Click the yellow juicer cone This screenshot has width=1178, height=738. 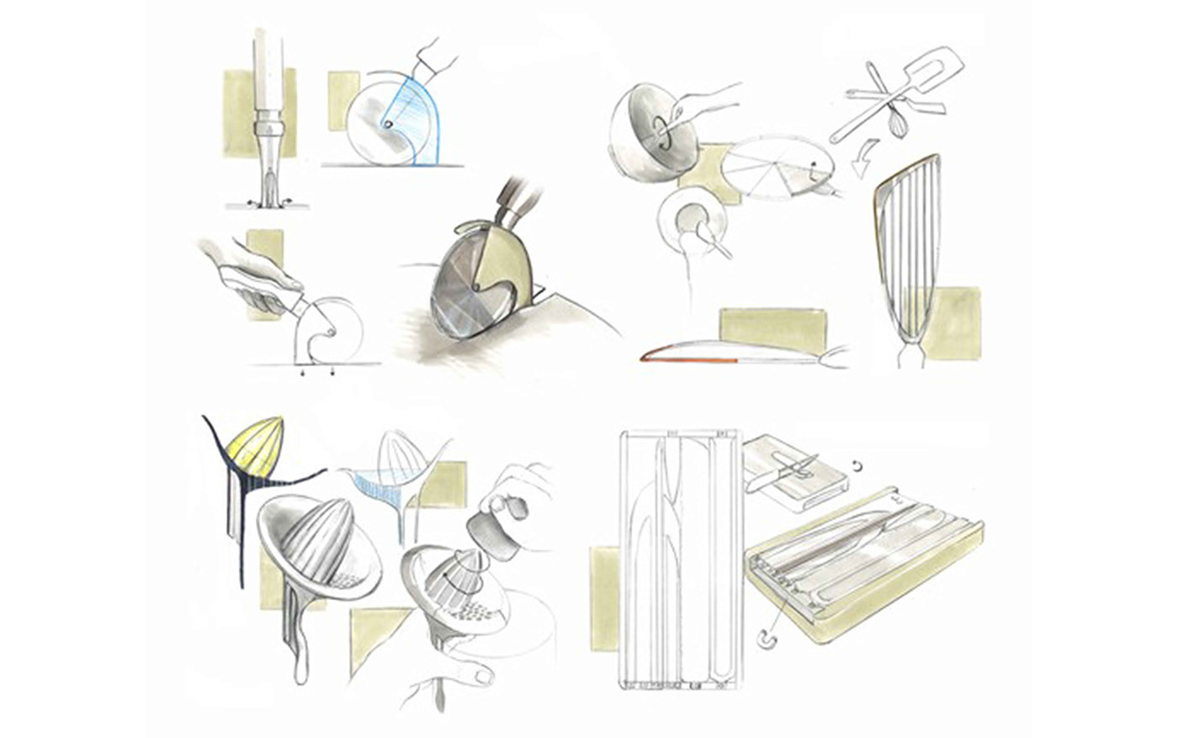pos(256,446)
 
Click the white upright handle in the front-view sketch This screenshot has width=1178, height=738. pos(268,72)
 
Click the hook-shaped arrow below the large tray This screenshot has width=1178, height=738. pos(767,639)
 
